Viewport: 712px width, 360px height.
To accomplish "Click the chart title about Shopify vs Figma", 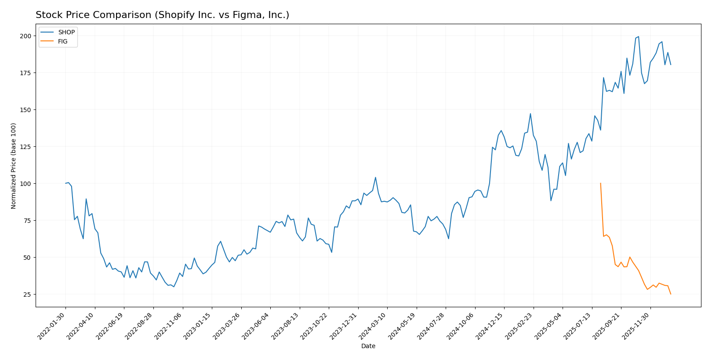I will tap(162, 15).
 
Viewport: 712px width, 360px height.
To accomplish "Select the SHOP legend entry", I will tap(66, 33).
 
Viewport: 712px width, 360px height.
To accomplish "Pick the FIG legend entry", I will tap(62, 42).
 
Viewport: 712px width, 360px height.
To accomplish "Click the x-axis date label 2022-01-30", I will tap(52, 326).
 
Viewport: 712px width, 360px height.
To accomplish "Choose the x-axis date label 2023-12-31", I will tap(344, 326).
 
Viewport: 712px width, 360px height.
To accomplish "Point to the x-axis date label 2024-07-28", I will tap(432, 326).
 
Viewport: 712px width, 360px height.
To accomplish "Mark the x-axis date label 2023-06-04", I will tap(256, 326).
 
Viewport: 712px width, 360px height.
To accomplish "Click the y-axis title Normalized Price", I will tap(14, 166).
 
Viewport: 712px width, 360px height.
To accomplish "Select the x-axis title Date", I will tap(368, 346).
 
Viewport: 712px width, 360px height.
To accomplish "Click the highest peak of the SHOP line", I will tap(638, 36).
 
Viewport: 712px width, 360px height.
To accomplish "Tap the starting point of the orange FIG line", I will tap(600, 183).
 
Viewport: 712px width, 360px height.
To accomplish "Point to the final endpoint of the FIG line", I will tap(671, 294).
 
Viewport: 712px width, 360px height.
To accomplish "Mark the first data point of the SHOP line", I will tap(65, 183).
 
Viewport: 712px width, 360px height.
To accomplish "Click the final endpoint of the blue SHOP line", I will tap(671, 65).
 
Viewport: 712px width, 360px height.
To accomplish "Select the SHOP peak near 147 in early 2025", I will tap(530, 114).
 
